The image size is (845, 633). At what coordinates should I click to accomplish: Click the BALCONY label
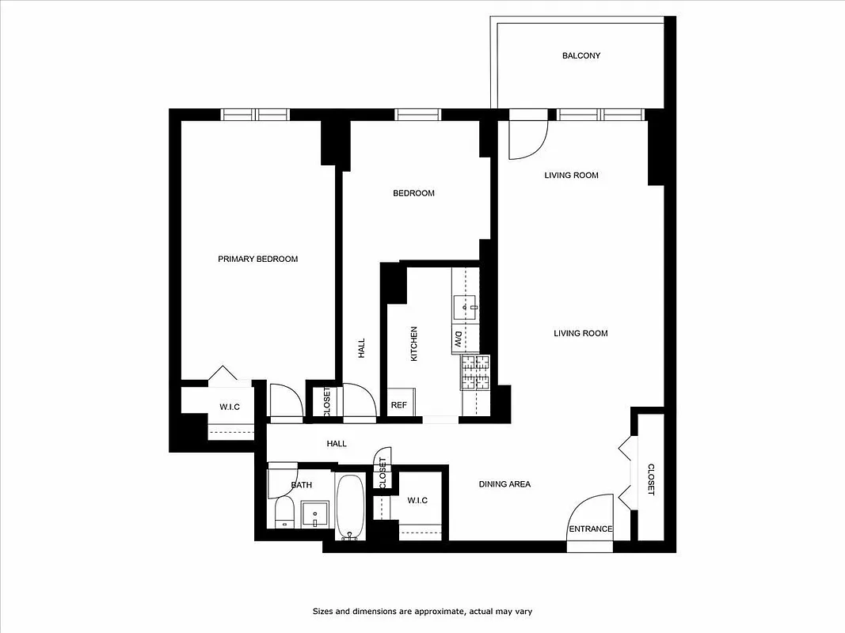click(581, 55)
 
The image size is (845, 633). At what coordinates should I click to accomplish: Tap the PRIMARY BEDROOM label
click(258, 259)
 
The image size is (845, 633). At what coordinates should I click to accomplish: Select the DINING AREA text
click(504, 484)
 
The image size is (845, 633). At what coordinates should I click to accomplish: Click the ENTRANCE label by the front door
click(590, 529)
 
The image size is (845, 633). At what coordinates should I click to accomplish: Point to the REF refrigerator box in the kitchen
click(399, 404)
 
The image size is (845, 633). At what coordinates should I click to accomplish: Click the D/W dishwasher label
click(458, 339)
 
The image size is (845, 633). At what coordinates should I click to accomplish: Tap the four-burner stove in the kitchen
click(475, 372)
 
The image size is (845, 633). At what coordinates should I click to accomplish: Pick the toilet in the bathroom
click(284, 515)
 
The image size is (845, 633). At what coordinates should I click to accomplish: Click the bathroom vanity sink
click(314, 514)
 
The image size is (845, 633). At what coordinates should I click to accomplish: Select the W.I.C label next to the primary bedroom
click(230, 407)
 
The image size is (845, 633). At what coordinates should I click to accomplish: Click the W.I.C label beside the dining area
click(417, 500)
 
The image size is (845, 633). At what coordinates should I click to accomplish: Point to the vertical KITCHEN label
click(413, 344)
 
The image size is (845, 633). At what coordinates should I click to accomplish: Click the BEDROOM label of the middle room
click(413, 193)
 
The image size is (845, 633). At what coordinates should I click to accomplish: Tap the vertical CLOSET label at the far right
click(651, 479)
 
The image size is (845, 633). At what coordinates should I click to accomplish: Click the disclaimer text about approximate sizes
click(427, 611)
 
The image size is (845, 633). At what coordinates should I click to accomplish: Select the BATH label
click(301, 484)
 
